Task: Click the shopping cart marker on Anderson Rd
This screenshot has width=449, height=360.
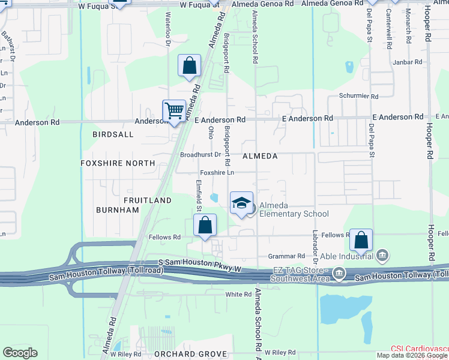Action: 174,111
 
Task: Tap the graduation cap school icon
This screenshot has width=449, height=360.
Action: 241,203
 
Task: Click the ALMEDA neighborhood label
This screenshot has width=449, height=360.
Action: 260,156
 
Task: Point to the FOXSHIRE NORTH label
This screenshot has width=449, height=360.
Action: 118,163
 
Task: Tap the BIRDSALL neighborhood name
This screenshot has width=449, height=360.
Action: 113,135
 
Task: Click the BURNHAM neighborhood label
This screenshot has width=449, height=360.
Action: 118,210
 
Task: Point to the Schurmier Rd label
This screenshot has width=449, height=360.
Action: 358,96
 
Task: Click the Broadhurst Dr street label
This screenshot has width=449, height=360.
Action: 200,155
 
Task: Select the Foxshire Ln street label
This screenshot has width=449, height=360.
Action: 217,173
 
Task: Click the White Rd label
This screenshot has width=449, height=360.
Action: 238,295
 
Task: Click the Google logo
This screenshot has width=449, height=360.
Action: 20,353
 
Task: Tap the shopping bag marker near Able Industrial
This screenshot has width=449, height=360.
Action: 361,240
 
